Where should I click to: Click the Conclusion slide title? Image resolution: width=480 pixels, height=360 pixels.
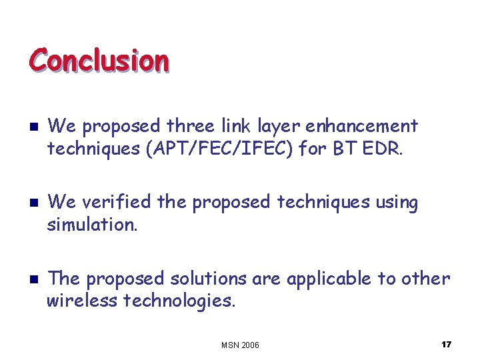pyautogui.click(x=99, y=60)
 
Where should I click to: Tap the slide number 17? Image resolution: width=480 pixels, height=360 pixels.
pyautogui.click(x=446, y=344)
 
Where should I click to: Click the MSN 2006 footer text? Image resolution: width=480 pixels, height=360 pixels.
pyautogui.click(x=240, y=345)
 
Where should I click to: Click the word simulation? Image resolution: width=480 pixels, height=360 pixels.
pyautogui.click(x=92, y=225)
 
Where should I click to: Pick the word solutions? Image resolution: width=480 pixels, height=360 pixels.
pyautogui.click(x=206, y=279)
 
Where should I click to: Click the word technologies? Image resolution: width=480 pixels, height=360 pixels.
pyautogui.click(x=179, y=301)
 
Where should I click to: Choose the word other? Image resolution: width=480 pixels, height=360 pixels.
pyautogui.click(x=425, y=278)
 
